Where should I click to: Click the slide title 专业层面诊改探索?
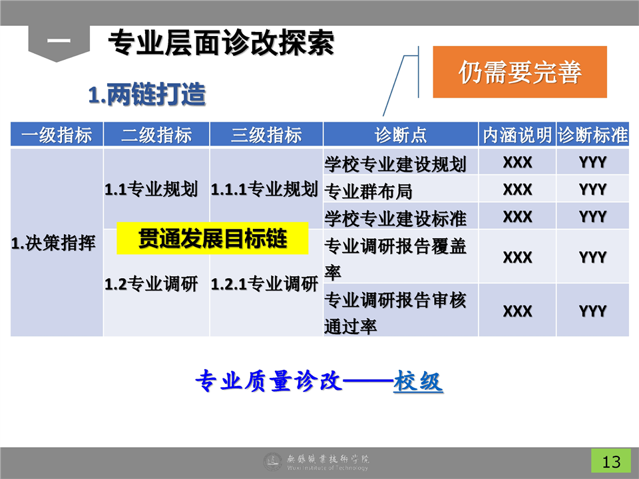pyautogui.click(x=221, y=43)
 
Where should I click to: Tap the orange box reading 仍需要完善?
pyautogui.click(x=520, y=72)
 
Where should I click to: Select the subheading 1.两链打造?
pyautogui.click(x=146, y=94)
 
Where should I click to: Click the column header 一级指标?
pyautogui.click(x=57, y=134)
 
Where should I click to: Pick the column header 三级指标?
pyautogui.click(x=266, y=134)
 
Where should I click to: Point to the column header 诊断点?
pyautogui.click(x=401, y=134)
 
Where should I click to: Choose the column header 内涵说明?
pyautogui.click(x=517, y=134)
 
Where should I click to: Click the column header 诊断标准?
pyautogui.click(x=592, y=134)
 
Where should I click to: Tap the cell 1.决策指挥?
pyautogui.click(x=53, y=243)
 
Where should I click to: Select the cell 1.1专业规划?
pyautogui.click(x=151, y=190)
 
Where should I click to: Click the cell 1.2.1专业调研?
pyautogui.click(x=264, y=284)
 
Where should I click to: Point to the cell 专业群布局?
pyautogui.click(x=368, y=191)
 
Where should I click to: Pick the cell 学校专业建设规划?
pyautogui.click(x=395, y=164)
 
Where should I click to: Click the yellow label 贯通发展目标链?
pyautogui.click(x=212, y=238)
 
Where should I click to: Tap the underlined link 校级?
pyautogui.click(x=418, y=381)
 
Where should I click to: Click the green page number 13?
pyautogui.click(x=611, y=461)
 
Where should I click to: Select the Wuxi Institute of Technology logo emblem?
pyautogui.click(x=273, y=462)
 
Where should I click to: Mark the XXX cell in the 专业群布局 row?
pyautogui.click(x=517, y=190)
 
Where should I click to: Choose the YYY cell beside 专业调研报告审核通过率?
pyautogui.click(x=592, y=311)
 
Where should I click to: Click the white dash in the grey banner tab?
pyautogui.click(x=59, y=41)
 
